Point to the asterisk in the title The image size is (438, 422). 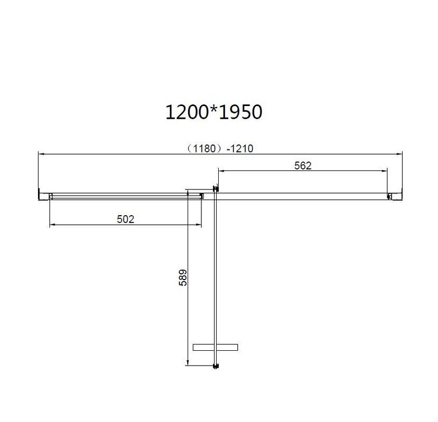click(x=213, y=109)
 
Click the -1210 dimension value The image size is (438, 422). click(x=240, y=148)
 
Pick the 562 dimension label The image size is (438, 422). click(x=303, y=166)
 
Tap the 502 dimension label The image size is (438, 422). click(x=125, y=219)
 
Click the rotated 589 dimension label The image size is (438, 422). click(x=183, y=277)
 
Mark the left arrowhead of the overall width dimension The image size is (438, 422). click(x=41, y=154)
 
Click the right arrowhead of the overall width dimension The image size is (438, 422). click(x=400, y=154)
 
